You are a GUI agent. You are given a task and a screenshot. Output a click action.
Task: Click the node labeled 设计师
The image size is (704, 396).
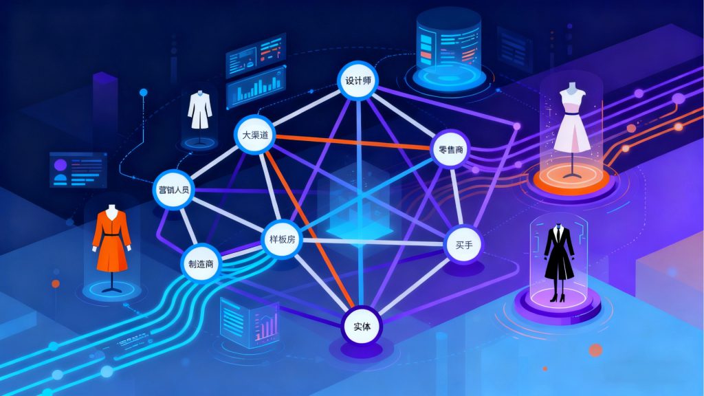[357, 80]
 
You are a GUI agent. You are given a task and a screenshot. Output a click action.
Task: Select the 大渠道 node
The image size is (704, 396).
[254, 134]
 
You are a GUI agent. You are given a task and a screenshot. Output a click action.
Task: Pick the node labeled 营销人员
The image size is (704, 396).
[173, 188]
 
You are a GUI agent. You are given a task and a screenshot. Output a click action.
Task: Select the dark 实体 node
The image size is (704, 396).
[362, 326]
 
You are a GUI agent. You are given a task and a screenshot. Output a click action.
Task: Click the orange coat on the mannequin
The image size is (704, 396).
[111, 241]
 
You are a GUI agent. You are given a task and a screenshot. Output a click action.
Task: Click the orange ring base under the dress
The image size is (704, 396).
[571, 181]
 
